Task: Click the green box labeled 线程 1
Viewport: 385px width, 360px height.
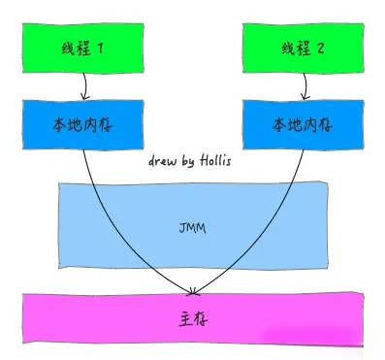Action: point(82,47)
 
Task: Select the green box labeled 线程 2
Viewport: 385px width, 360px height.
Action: point(301,47)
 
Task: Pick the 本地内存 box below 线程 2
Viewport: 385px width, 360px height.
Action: point(302,124)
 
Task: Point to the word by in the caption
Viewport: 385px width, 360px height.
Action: point(191,156)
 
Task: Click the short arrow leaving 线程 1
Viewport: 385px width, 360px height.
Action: point(85,86)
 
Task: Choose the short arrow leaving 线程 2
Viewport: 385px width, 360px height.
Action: point(304,86)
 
